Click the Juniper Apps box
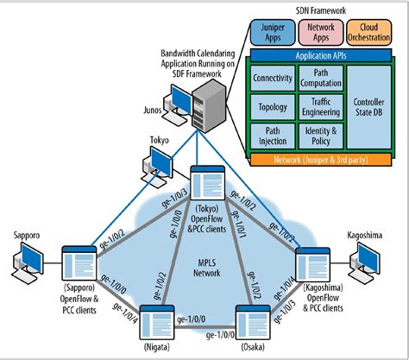pos(270,33)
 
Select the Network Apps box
pos(320,33)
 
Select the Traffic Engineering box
pos(320,108)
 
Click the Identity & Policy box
pos(320,136)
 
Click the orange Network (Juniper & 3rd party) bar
pos(321,159)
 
